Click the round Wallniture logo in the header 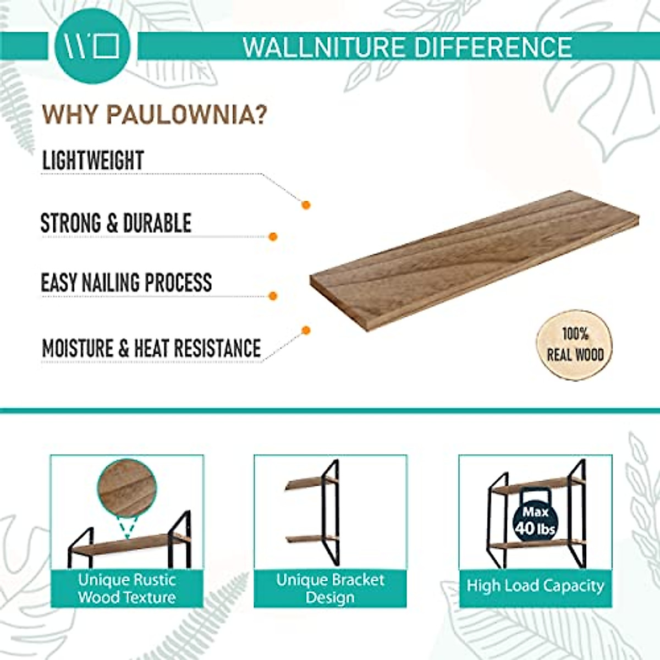(92, 46)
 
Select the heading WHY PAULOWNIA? (155, 114)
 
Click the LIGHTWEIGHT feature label (93, 160)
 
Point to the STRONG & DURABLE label (116, 223)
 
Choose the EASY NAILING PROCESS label (127, 283)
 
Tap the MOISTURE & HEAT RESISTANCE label (151, 349)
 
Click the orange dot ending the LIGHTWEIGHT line (306, 205)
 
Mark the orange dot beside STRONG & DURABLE (272, 237)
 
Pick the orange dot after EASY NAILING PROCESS (272, 296)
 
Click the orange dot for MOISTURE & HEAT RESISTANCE (306, 331)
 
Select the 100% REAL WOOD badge (575, 344)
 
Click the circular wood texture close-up (127, 488)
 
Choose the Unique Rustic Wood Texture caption (127, 588)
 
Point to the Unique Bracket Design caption (330, 588)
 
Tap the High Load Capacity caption (535, 586)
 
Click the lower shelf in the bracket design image (308, 538)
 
